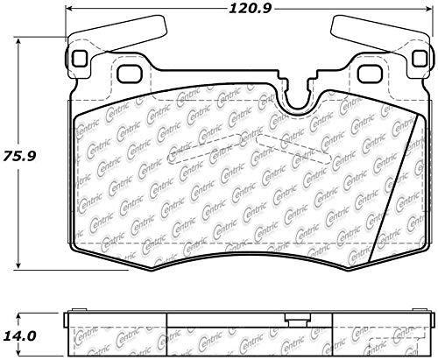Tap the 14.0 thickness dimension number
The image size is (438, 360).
[20, 334]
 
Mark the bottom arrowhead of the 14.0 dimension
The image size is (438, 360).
[20, 353]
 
